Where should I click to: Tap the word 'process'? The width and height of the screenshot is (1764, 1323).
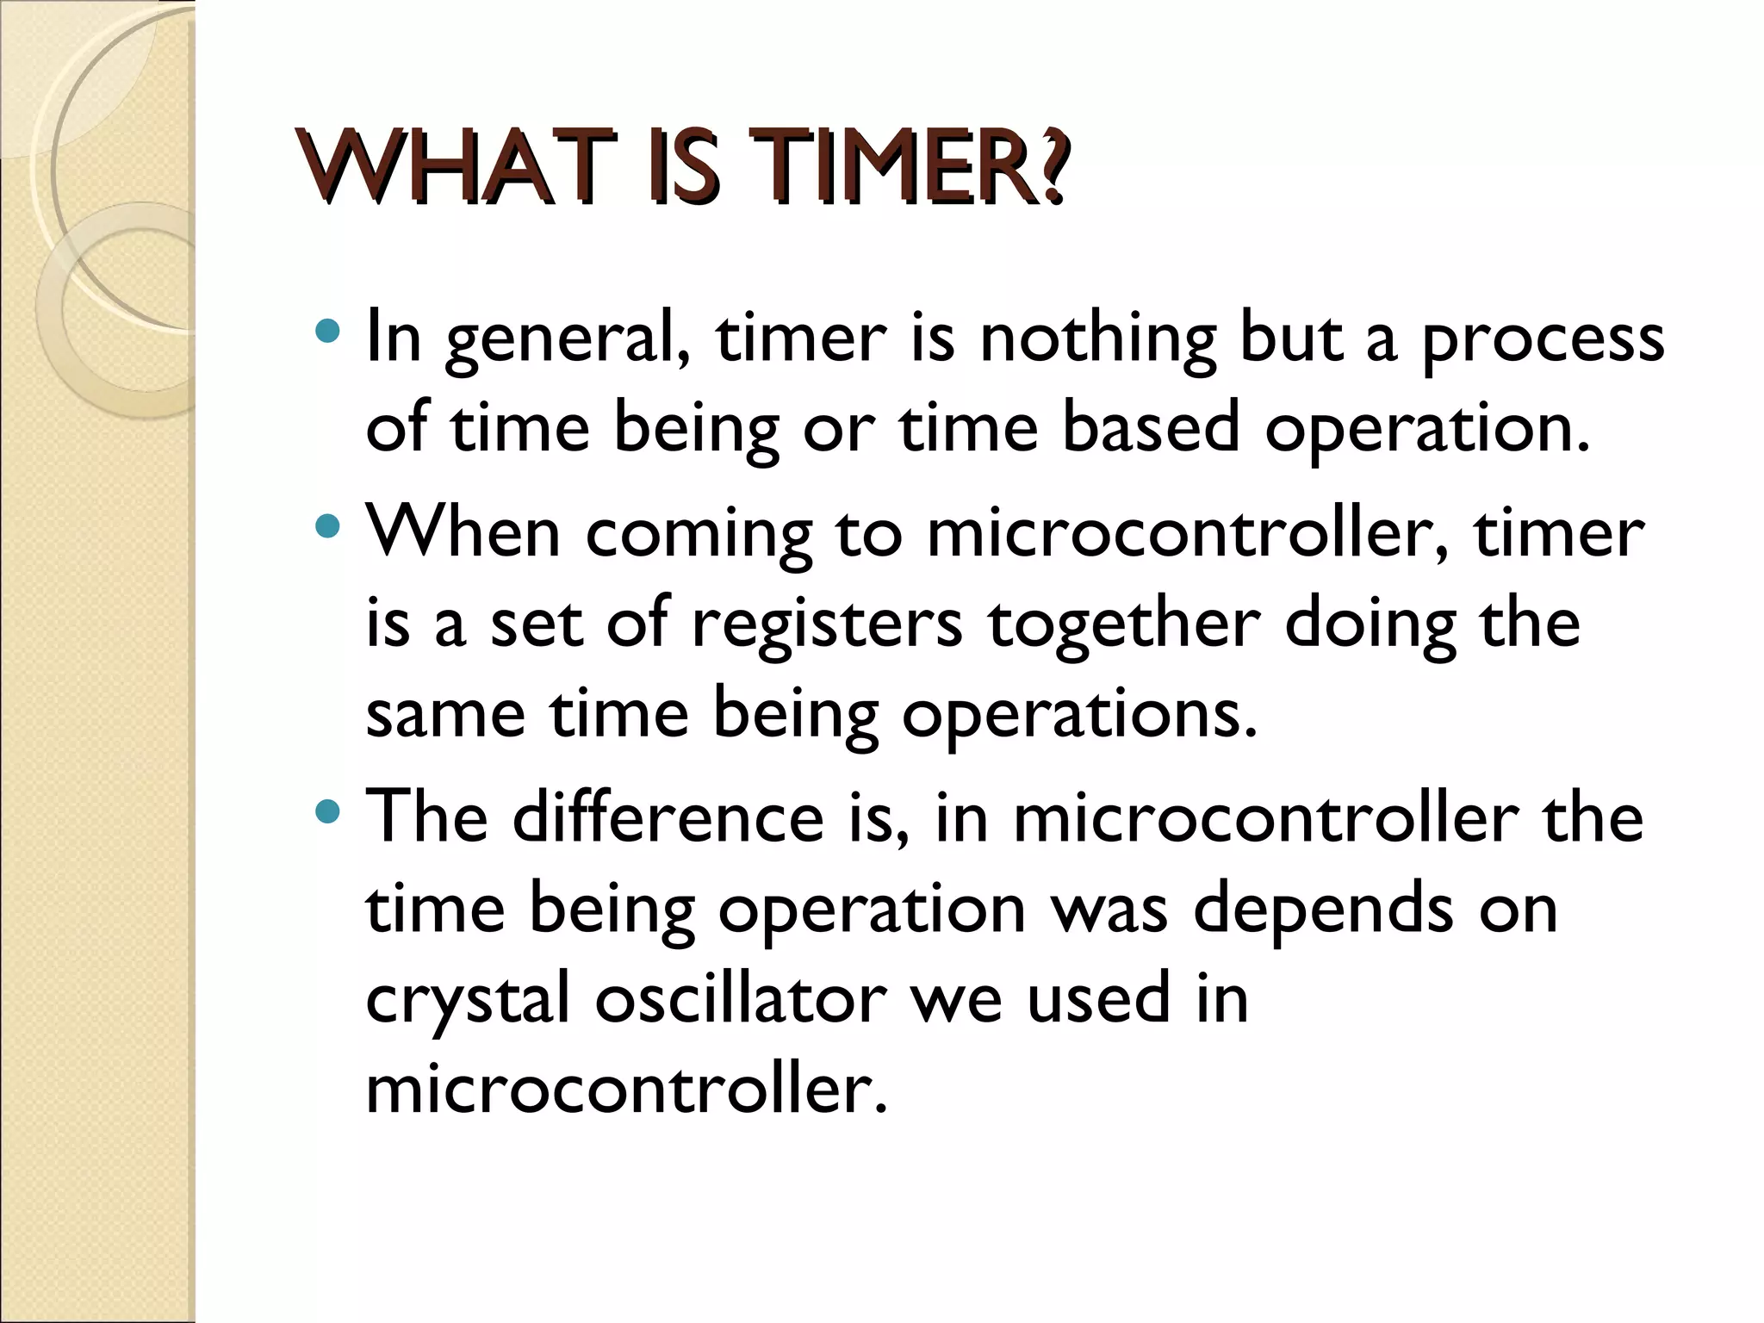1542,339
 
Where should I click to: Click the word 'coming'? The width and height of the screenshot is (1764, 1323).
699,534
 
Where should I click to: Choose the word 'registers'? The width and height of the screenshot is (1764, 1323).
827,624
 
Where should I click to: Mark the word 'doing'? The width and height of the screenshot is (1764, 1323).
1370,624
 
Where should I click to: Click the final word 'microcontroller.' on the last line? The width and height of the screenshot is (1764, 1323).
625,1089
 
